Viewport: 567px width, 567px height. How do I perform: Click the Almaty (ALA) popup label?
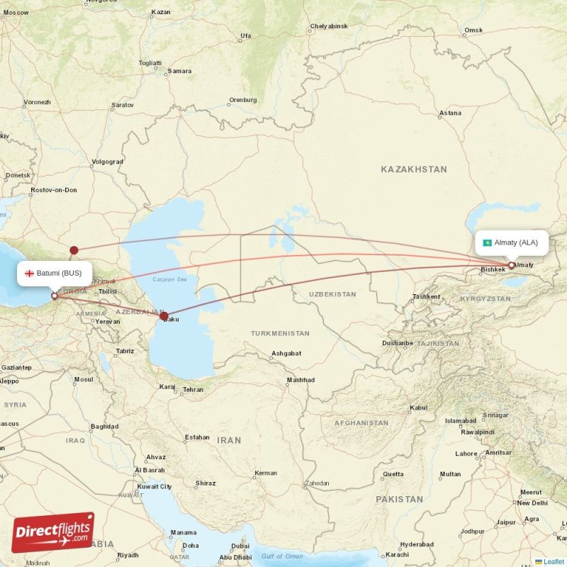click(511, 242)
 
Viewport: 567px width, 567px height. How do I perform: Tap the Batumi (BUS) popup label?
click(55, 273)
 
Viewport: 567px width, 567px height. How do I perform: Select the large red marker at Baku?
click(164, 316)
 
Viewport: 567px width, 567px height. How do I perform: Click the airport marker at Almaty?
click(511, 265)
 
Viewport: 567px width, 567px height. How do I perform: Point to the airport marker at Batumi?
click(55, 296)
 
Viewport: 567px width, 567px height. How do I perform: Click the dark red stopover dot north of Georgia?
click(74, 249)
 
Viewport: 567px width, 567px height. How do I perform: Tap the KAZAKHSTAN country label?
click(414, 169)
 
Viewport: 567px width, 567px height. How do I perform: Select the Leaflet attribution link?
click(554, 561)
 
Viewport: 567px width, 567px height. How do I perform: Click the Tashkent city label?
click(426, 296)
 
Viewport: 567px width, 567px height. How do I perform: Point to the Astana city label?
click(450, 113)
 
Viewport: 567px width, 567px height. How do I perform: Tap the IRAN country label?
click(229, 440)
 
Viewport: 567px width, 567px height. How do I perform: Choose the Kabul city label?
click(419, 408)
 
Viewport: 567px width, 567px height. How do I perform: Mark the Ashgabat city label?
click(286, 353)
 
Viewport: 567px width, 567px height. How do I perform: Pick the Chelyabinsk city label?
click(329, 26)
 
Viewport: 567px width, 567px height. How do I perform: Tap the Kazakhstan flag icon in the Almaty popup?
click(488, 242)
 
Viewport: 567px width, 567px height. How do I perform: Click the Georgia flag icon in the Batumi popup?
click(30, 273)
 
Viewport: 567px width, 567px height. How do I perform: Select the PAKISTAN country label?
click(399, 499)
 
